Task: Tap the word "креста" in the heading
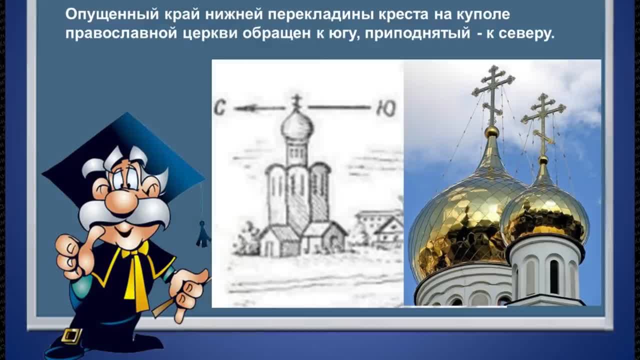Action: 403,14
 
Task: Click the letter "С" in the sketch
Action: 219,108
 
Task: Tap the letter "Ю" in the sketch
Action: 386,108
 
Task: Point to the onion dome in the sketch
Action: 297,127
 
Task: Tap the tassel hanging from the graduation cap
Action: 202,234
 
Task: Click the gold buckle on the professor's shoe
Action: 71,336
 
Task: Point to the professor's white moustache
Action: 123,214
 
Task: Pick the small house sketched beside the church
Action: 388,233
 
